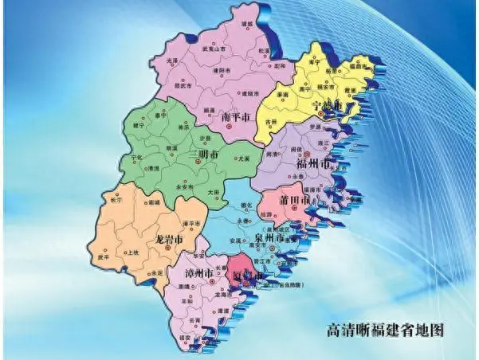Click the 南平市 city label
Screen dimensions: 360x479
tap(238, 115)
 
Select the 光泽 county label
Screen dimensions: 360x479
tap(173, 61)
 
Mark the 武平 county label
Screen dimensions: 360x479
tap(104, 256)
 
